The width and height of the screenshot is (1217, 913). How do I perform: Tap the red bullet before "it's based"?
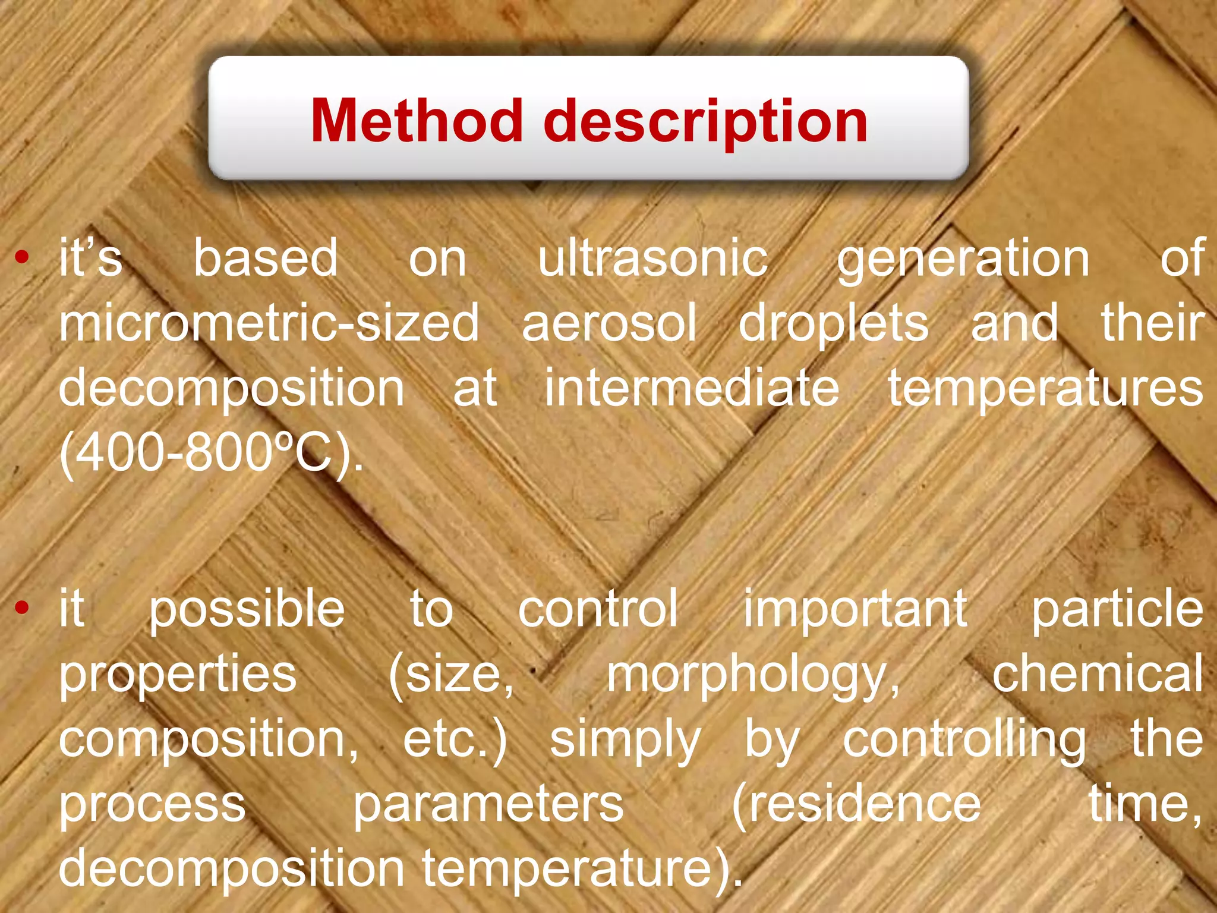(x=22, y=257)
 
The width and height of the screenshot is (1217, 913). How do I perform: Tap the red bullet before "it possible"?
(x=22, y=607)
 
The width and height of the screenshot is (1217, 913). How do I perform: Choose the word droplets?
(x=833, y=324)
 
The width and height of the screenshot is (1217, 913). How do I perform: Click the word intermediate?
(x=692, y=388)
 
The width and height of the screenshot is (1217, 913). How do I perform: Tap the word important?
(x=855, y=610)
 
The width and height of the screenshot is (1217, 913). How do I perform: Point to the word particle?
(x=1117, y=610)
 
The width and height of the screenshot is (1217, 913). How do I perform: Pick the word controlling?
(x=964, y=741)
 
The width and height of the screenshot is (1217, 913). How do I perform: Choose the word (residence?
(x=856, y=804)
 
